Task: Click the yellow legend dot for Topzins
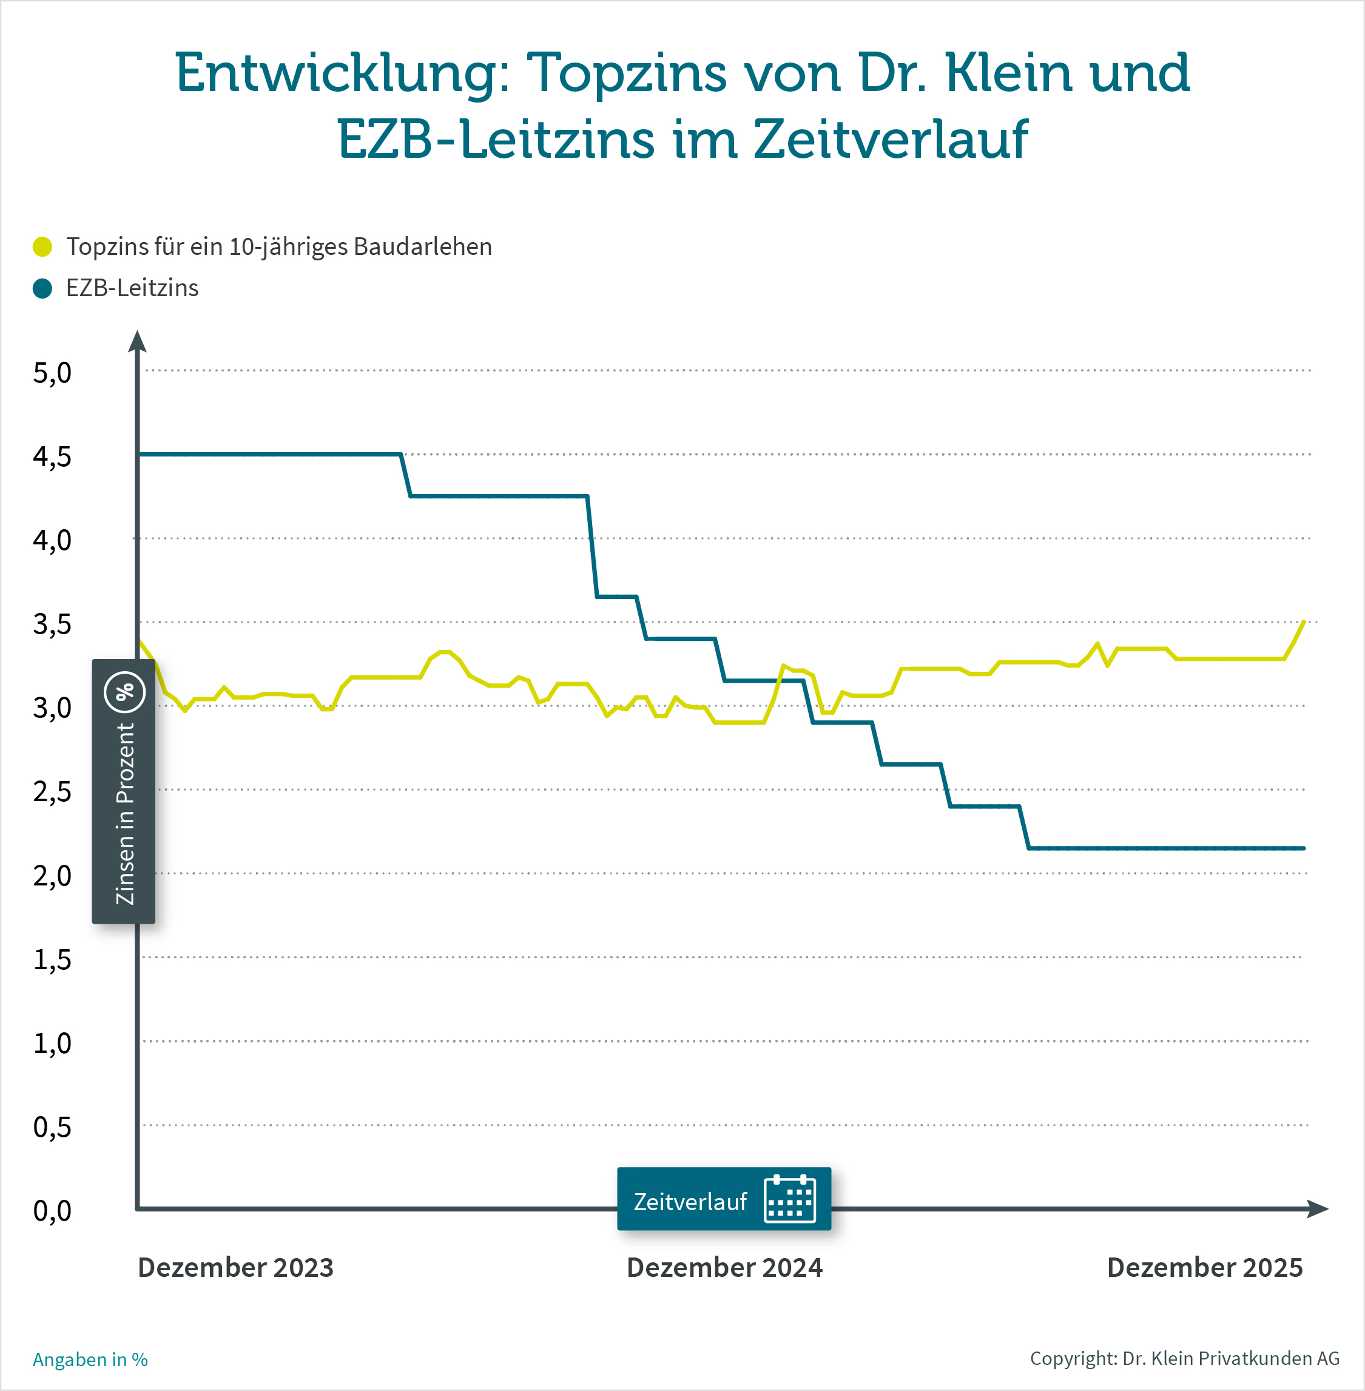42,246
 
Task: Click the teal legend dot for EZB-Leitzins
42,288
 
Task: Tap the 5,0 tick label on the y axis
52,373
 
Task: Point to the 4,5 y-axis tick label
52,457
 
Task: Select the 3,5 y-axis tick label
52,624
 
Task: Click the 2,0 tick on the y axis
52,876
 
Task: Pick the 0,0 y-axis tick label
52,1211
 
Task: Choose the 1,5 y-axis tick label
52,959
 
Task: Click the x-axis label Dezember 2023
235,1268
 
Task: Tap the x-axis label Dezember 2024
724,1268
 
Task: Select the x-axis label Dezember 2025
1204,1268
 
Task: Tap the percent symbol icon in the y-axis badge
125,692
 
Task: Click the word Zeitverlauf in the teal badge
690,1202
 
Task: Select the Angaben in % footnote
90,1359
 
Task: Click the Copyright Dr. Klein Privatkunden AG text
1184,1358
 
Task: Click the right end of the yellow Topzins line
1303,621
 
